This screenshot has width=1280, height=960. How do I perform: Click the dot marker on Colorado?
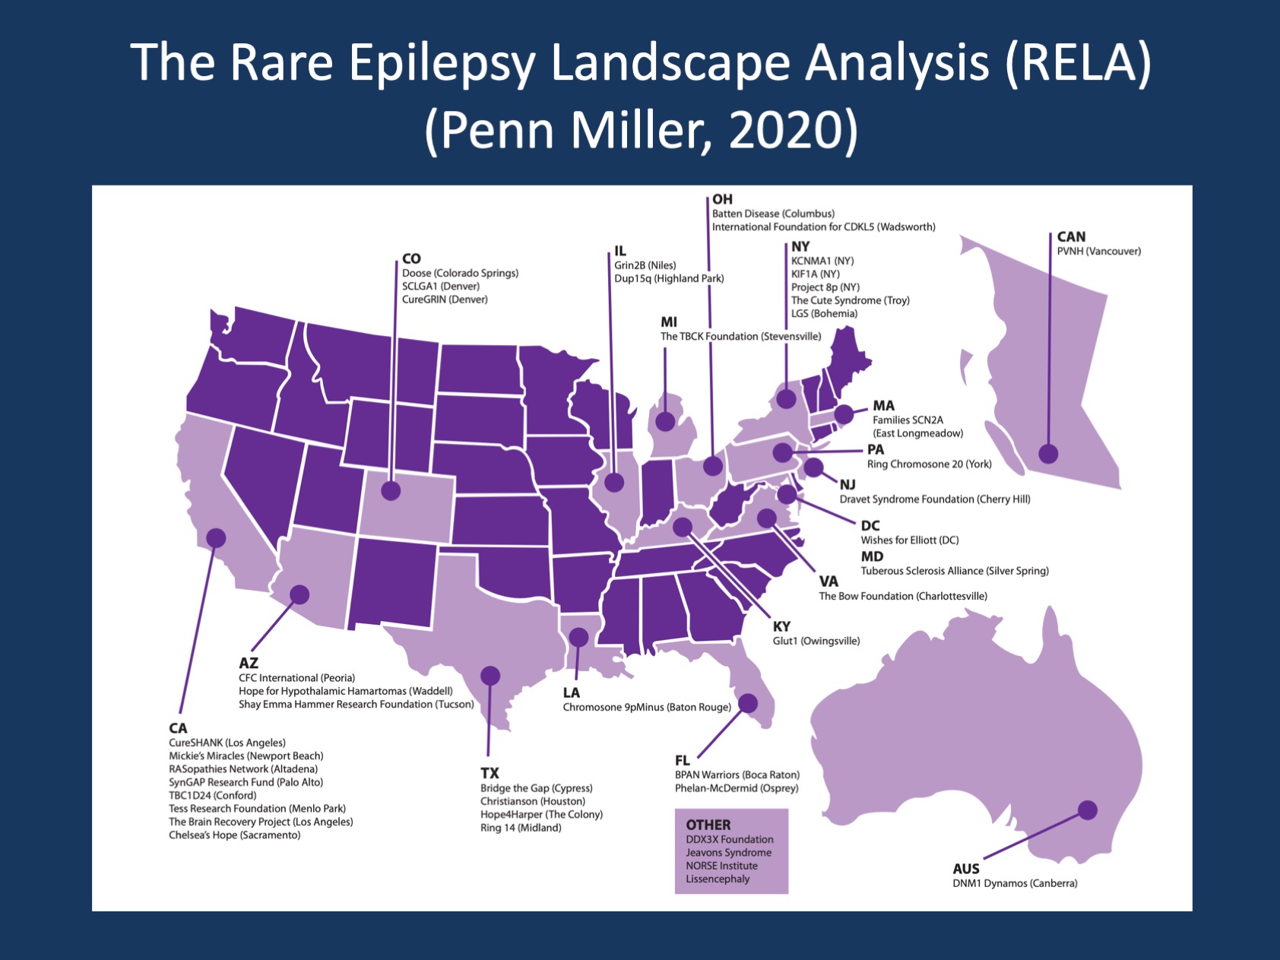(391, 490)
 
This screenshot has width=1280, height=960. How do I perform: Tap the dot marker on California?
(216, 538)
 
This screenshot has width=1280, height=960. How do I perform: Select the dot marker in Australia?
(1088, 810)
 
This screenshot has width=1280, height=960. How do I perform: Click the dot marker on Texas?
(490, 675)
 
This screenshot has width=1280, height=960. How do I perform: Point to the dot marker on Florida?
(748, 703)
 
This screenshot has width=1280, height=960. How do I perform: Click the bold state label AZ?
(249, 663)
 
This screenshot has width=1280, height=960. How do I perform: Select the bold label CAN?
(1071, 236)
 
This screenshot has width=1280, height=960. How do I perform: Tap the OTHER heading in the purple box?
(708, 825)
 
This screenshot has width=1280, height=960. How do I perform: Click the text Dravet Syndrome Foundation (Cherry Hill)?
(934, 499)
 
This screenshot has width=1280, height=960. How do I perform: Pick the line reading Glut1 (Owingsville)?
(816, 641)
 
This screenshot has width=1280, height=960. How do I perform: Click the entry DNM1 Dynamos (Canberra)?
(1015, 883)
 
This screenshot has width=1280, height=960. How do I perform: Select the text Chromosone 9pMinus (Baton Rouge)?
(647, 707)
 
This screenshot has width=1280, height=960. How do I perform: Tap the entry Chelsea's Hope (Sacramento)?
(234, 835)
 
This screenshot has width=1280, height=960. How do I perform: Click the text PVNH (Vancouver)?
(1098, 252)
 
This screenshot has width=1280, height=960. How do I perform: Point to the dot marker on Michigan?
(665, 420)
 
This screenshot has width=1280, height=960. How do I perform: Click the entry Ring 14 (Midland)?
(521, 828)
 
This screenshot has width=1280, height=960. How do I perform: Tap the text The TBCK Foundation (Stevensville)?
(740, 336)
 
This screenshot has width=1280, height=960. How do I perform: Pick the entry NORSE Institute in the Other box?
(721, 866)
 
